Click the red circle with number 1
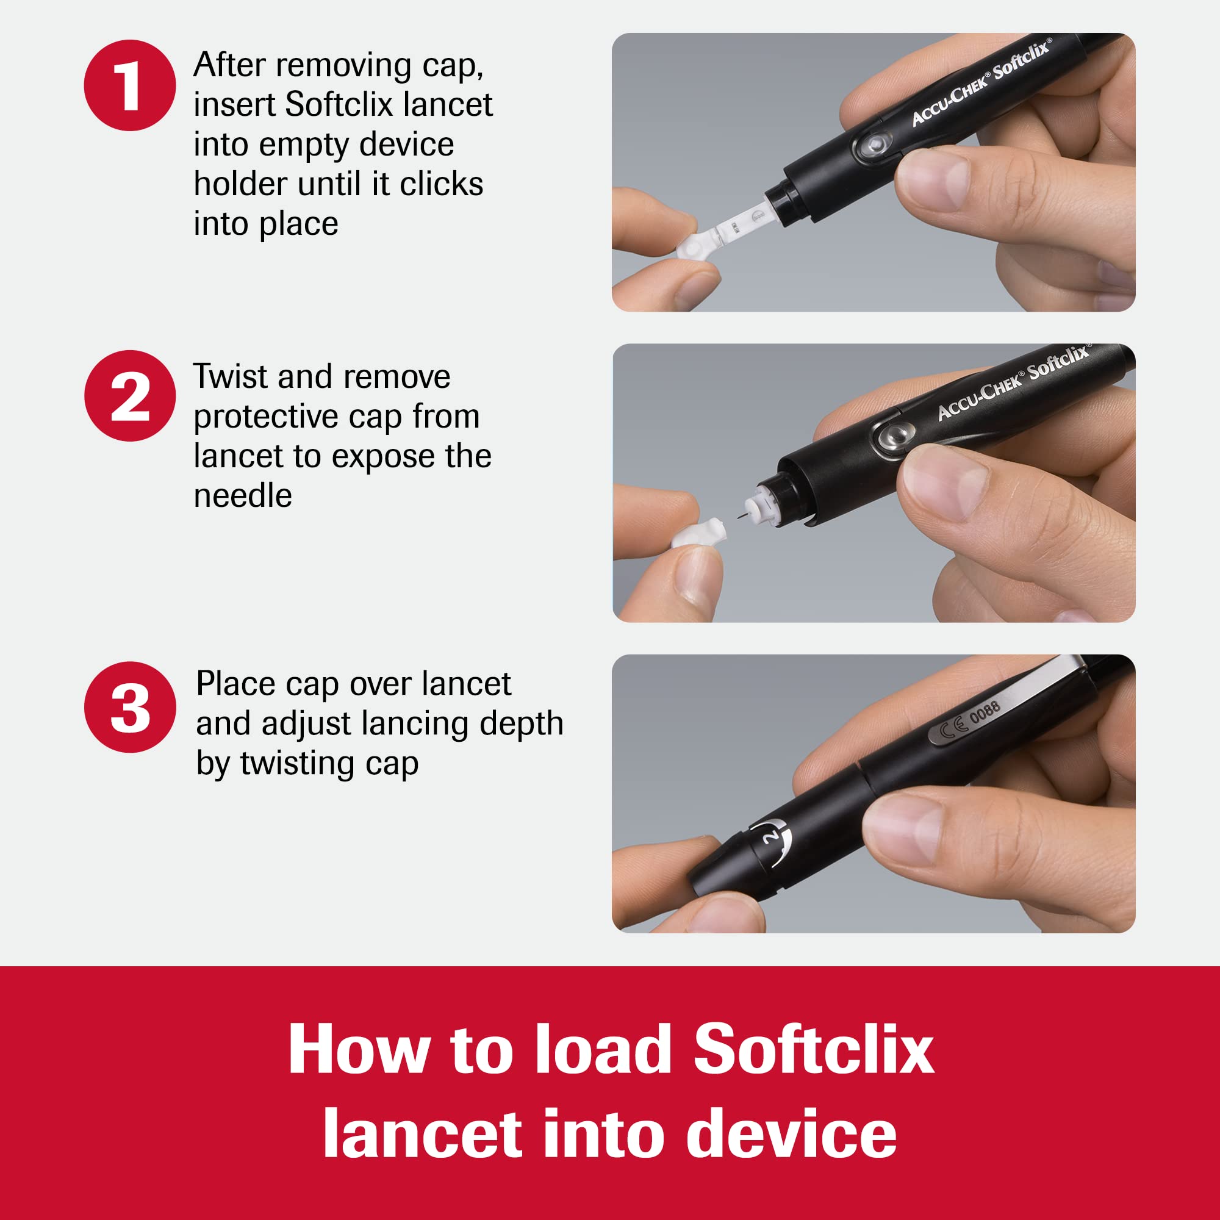pos(129,85)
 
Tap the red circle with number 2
pos(129,396)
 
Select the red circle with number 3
pos(129,706)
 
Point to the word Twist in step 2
pos(231,377)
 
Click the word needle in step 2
pos(243,496)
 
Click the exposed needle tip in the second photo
pos(738,517)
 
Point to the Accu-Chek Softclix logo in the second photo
pos(1013,382)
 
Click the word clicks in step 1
pos(442,184)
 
